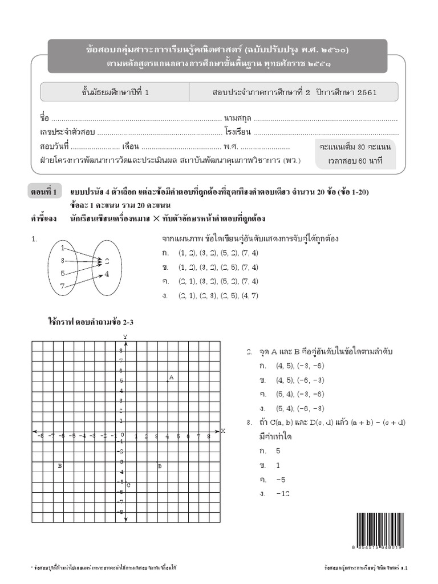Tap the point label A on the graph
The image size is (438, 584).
tap(171, 378)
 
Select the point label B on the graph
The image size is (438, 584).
tap(60, 466)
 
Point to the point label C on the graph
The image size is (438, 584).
tap(129, 485)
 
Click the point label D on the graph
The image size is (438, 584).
tap(160, 466)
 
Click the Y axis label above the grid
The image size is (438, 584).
tap(125, 337)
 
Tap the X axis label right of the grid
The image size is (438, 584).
tap(223, 431)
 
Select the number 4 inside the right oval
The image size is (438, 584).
tap(107, 274)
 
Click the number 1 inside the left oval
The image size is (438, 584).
tap(63, 248)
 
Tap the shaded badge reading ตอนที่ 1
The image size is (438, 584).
tap(44, 192)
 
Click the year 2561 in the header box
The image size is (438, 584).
tap(367, 92)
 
